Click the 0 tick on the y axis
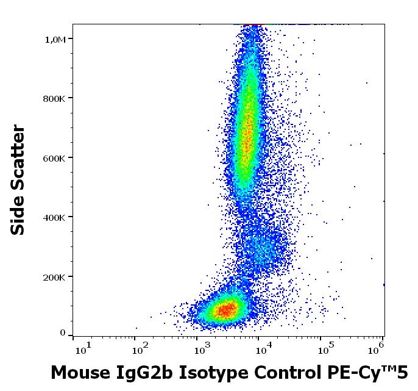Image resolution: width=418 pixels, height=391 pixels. pyautogui.click(x=63, y=333)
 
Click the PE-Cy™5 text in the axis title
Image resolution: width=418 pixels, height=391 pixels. pyautogui.click(x=360, y=371)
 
